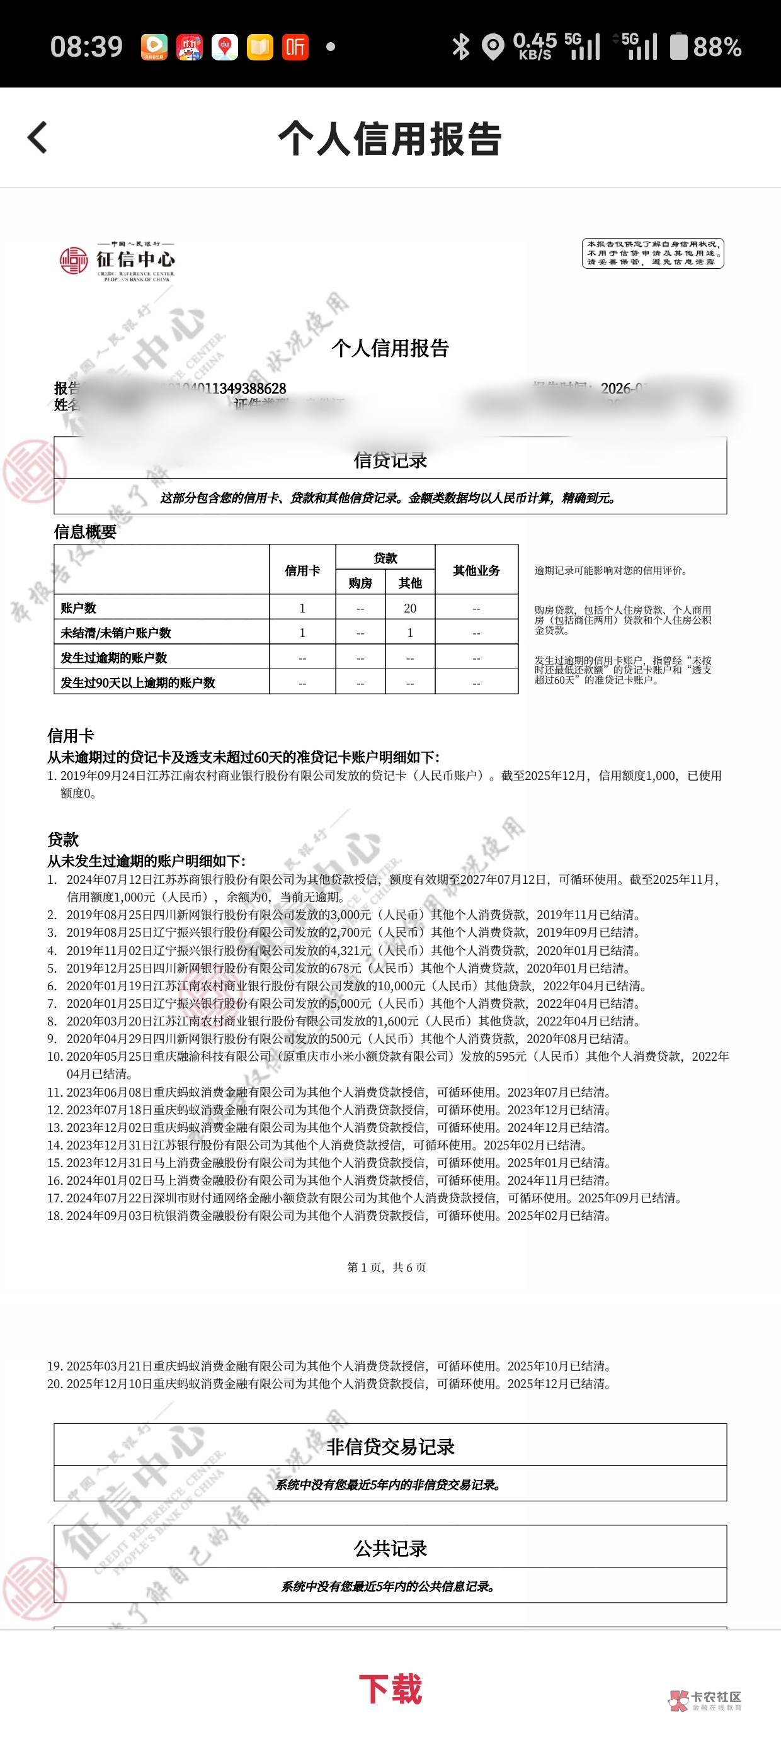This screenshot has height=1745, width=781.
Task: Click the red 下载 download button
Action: pyautogui.click(x=390, y=1688)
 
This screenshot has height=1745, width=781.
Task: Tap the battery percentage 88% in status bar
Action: pyautogui.click(x=717, y=47)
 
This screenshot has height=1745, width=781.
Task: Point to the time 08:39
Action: pyautogui.click(x=86, y=47)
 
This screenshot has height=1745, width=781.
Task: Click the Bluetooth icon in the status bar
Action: pyautogui.click(x=461, y=47)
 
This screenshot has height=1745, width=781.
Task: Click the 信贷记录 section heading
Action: pyautogui.click(x=390, y=461)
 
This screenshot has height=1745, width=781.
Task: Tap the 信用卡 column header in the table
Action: pyautogui.click(x=302, y=570)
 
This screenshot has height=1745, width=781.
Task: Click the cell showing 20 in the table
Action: pyautogui.click(x=409, y=607)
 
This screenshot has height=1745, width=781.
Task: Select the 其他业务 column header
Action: pyautogui.click(x=476, y=570)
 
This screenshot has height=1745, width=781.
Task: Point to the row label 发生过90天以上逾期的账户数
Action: pyautogui.click(x=138, y=682)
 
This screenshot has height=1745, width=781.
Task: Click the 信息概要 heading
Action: pyautogui.click(x=85, y=532)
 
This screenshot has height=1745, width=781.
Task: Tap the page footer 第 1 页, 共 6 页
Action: pyautogui.click(x=387, y=1267)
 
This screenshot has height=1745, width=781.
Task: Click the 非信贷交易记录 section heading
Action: pyautogui.click(x=390, y=1447)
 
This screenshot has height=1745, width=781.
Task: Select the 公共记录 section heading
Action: pyautogui.click(x=390, y=1549)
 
